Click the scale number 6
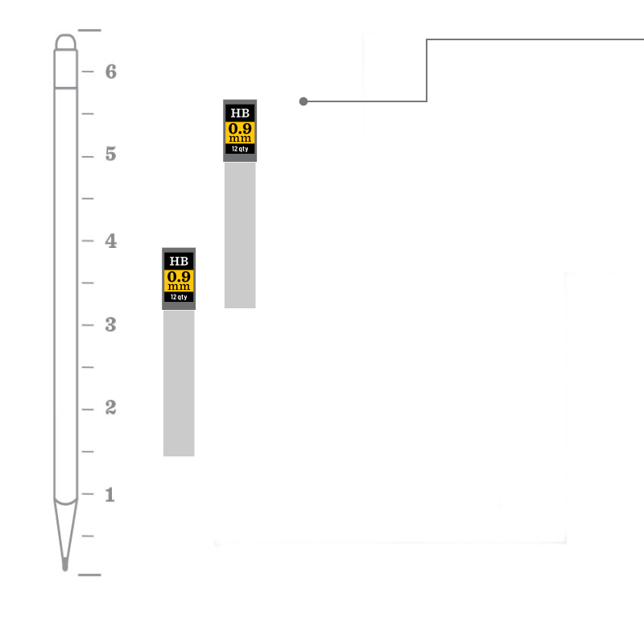(x=111, y=72)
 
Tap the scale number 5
(x=111, y=154)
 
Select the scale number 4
(x=111, y=241)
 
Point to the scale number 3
(x=111, y=324)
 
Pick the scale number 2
(x=111, y=407)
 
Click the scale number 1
(x=109, y=494)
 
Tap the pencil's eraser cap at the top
(x=66, y=43)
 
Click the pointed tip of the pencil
(x=65, y=569)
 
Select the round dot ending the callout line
(x=303, y=101)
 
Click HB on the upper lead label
(x=240, y=113)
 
